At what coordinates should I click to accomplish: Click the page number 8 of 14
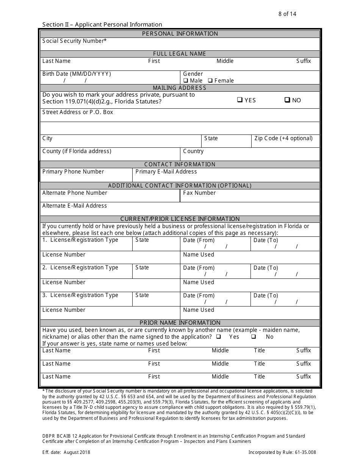(287, 14)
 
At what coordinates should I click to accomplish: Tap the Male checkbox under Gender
(186, 81)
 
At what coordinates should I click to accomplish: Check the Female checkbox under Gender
(211, 81)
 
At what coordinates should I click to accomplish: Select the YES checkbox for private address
(239, 100)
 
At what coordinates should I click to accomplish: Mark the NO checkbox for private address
(287, 100)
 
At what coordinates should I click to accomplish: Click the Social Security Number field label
(74, 41)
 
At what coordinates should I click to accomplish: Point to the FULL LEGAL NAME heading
(180, 54)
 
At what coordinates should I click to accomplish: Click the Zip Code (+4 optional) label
(283, 138)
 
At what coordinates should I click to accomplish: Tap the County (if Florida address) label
(77, 151)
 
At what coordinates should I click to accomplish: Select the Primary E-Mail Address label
(166, 172)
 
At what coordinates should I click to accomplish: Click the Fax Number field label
(199, 193)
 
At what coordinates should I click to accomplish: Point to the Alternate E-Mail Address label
(75, 206)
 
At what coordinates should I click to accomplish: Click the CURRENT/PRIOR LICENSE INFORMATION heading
(180, 219)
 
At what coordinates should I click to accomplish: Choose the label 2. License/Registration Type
(80, 267)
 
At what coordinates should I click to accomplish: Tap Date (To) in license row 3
(266, 296)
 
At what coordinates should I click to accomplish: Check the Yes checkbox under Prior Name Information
(219, 337)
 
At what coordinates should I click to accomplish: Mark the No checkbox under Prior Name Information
(254, 337)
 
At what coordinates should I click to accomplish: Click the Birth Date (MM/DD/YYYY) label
(77, 74)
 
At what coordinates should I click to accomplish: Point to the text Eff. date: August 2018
(66, 452)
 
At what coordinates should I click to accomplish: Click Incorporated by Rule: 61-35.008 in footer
(282, 452)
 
